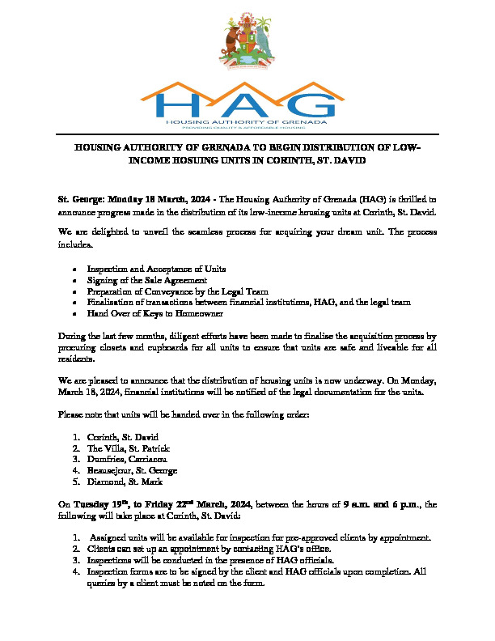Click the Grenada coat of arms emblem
(x=247, y=41)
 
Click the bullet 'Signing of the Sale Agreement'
(x=142, y=279)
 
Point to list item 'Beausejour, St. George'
(x=132, y=470)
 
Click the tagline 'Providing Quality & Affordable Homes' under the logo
(x=247, y=128)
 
